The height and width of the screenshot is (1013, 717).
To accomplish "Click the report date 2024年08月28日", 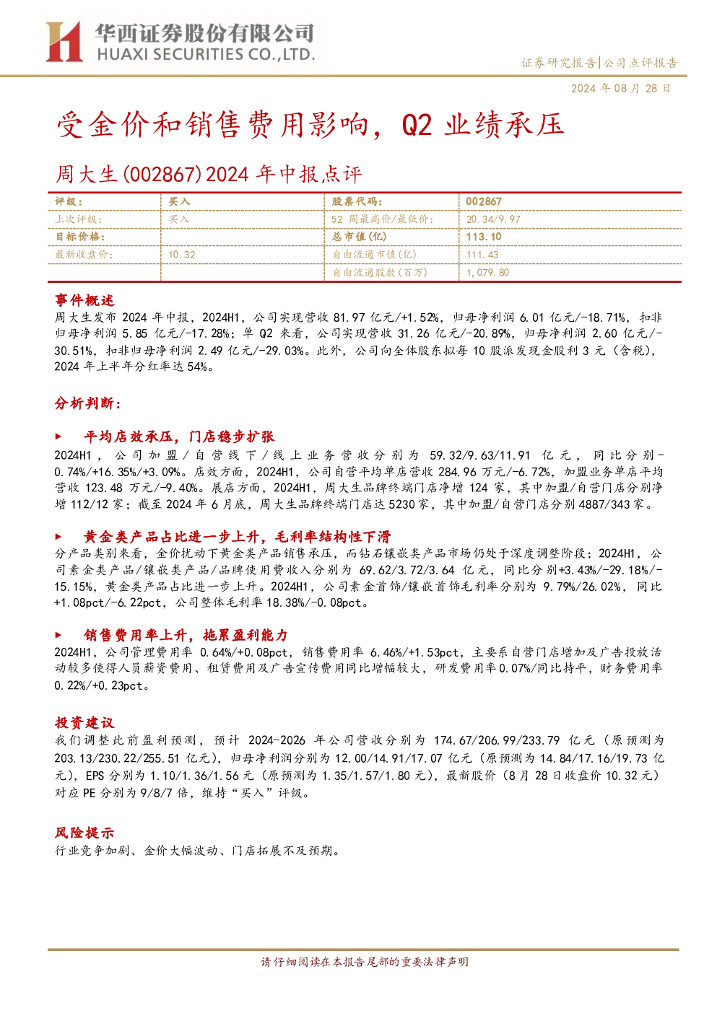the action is pos(620,88).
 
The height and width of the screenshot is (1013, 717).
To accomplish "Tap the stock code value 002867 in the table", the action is pos(484,202).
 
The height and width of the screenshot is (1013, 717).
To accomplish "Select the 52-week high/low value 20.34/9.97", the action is pos(493,219).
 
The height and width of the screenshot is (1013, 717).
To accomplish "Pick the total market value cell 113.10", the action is pos(484,237).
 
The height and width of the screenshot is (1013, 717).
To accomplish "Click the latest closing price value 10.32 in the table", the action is pos(182,255).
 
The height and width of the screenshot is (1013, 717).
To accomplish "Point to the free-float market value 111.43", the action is pos(482,255).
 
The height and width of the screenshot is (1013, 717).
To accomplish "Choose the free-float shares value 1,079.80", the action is pos(487,272).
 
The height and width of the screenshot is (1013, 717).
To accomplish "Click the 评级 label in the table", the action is pos(69,202).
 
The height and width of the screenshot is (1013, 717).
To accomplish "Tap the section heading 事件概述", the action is pos(84,300).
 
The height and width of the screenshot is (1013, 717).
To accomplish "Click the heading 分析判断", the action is pos(88,403).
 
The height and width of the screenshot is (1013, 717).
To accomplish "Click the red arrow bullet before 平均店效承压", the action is pos(58,437).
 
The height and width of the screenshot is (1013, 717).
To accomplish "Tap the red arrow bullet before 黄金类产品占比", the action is pos(58,537).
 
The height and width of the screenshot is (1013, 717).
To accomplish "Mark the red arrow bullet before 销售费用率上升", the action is pos(58,636).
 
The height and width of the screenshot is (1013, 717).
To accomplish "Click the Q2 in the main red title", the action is pos(417,125).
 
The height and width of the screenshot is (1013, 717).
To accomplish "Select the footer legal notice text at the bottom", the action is pos(365,962).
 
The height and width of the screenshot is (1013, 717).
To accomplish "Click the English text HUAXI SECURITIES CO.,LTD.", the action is pos(206,55).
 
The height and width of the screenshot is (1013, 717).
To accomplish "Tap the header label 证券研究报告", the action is pos(558,63).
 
